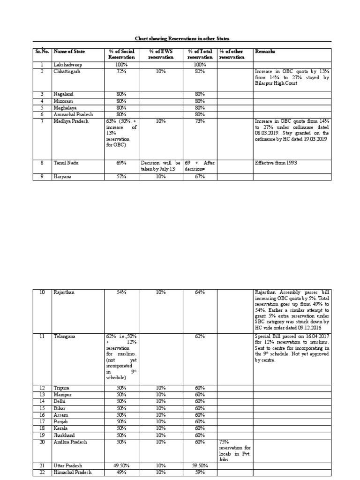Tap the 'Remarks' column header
pos(265,51)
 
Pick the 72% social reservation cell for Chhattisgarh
pos(121,71)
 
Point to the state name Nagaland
pos(64,94)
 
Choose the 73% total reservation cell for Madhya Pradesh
pos(200,120)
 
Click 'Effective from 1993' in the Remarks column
pos(277,163)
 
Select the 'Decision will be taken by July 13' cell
pos(160,166)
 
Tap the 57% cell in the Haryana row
pos(121,177)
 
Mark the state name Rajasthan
pos(64,292)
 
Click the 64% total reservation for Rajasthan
pos(200,292)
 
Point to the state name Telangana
pos(65,337)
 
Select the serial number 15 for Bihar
pos(42,408)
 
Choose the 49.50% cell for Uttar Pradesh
pos(121,465)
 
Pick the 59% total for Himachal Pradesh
pos(200,472)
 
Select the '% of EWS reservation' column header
pos(160,54)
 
